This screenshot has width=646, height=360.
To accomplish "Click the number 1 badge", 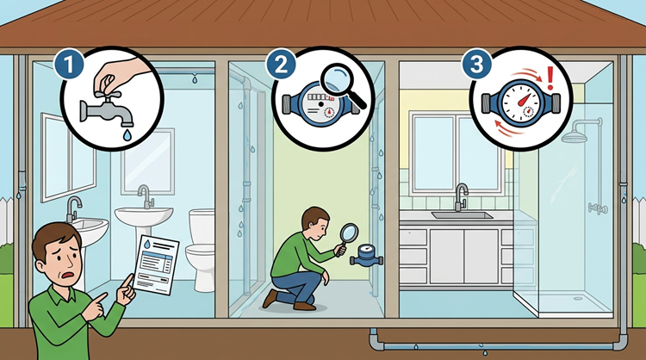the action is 68,65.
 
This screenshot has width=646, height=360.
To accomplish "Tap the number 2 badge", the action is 281,65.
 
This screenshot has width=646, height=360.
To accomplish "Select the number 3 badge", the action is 476,65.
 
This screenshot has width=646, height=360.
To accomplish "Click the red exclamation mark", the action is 550,79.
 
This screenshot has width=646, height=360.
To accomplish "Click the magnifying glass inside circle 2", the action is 342,86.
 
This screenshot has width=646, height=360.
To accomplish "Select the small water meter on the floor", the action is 366,256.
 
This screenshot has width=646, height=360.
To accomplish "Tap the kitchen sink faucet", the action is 461,196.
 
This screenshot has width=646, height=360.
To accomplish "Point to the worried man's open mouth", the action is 69,275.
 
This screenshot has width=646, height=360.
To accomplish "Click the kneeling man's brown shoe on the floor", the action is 304,306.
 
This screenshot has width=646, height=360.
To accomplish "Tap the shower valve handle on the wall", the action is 598,208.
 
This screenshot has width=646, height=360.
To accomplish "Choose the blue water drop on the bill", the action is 146,245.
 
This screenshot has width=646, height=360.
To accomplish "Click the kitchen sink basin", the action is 462,215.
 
